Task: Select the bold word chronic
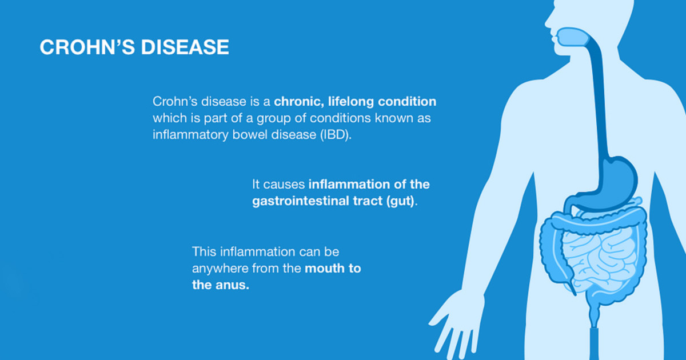coord(300,102)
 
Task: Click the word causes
coord(284,185)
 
